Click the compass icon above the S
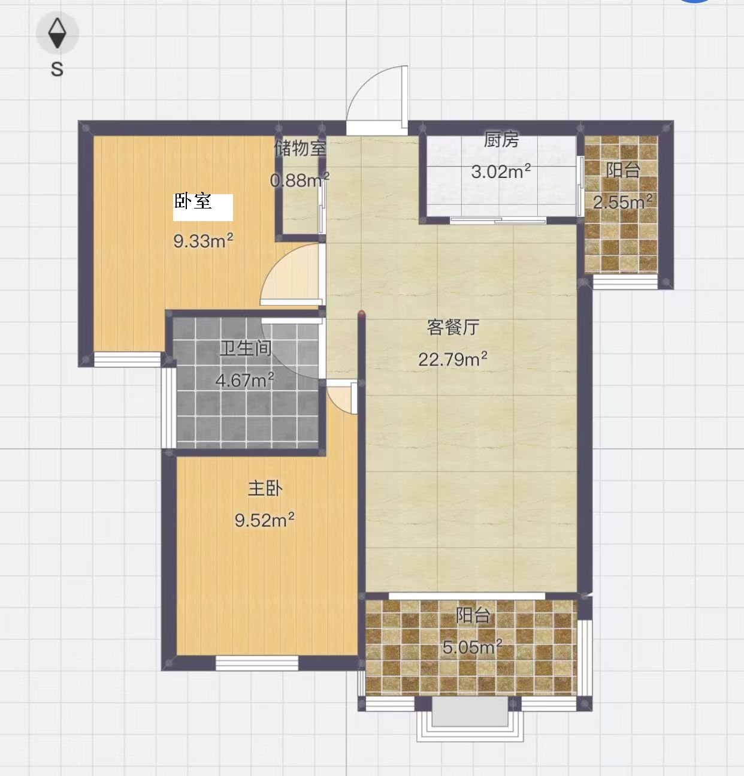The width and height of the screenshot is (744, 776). [x=58, y=33]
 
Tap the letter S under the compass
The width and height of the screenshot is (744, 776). [x=57, y=70]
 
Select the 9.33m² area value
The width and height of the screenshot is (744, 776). [x=203, y=241]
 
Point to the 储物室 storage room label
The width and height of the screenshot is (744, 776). [x=300, y=149]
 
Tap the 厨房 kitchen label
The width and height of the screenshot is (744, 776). [x=501, y=140]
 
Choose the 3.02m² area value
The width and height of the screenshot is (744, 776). [x=501, y=171]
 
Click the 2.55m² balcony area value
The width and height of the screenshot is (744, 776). [x=623, y=202]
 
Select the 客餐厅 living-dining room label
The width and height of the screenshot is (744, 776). [x=453, y=327]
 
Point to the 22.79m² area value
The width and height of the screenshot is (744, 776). [x=452, y=359]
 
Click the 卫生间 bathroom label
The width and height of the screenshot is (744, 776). [x=246, y=349]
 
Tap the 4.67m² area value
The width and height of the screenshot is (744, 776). [x=245, y=380]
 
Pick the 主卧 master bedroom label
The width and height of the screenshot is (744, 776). [x=265, y=488]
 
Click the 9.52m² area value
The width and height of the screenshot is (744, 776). [x=265, y=520]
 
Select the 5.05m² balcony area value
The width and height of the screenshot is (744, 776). [x=473, y=647]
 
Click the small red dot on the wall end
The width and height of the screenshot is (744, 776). [x=362, y=314]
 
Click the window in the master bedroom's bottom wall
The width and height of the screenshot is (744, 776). [x=257, y=663]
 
